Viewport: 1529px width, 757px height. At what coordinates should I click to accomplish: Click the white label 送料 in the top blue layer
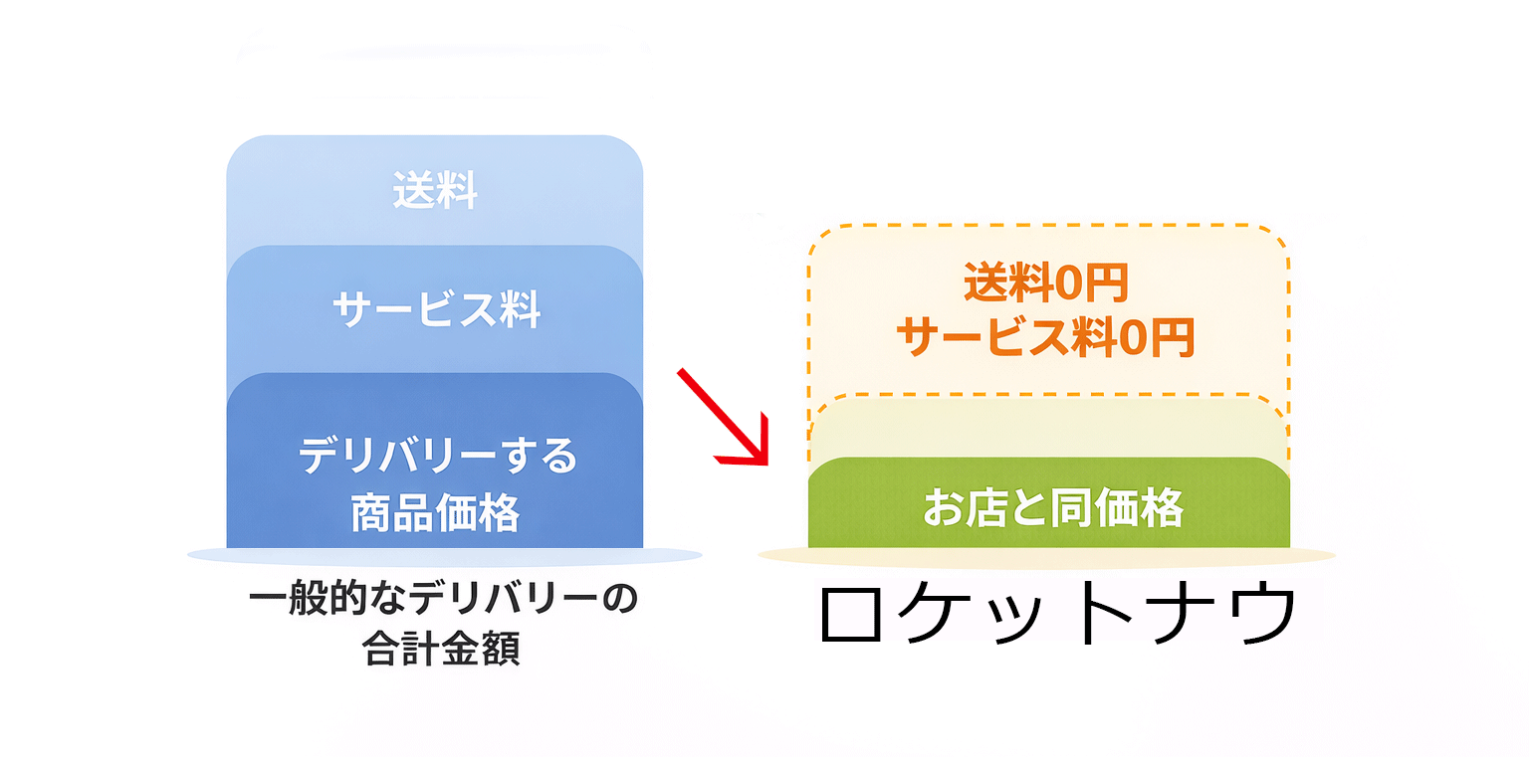pyautogui.click(x=435, y=191)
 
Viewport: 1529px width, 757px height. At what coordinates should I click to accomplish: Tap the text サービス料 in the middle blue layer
pyautogui.click(x=436, y=311)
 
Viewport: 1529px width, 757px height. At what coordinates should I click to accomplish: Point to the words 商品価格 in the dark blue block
pyautogui.click(x=435, y=513)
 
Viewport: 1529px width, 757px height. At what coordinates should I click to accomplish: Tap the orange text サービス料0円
pyautogui.click(x=1045, y=339)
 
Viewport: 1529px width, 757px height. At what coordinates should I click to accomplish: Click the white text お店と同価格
pyautogui.click(x=1052, y=509)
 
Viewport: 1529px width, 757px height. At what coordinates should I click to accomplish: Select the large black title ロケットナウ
pyautogui.click(x=1057, y=613)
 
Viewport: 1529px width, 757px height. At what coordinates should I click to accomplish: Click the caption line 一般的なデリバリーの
pyautogui.click(x=442, y=601)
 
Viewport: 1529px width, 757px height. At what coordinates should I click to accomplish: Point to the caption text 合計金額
pyautogui.click(x=442, y=650)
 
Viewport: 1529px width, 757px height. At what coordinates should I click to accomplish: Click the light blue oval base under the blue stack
pyautogui.click(x=443, y=554)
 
